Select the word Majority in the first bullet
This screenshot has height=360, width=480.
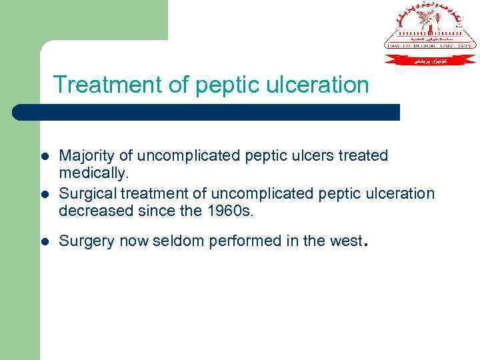[83, 156]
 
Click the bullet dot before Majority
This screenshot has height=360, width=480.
[44, 157]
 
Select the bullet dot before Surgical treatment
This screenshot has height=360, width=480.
[44, 195]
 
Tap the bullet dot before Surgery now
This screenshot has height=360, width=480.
[44, 242]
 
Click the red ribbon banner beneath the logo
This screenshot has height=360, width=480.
[430, 60]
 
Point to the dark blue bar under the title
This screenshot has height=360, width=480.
[207, 112]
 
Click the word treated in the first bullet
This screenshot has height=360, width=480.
[363, 156]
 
